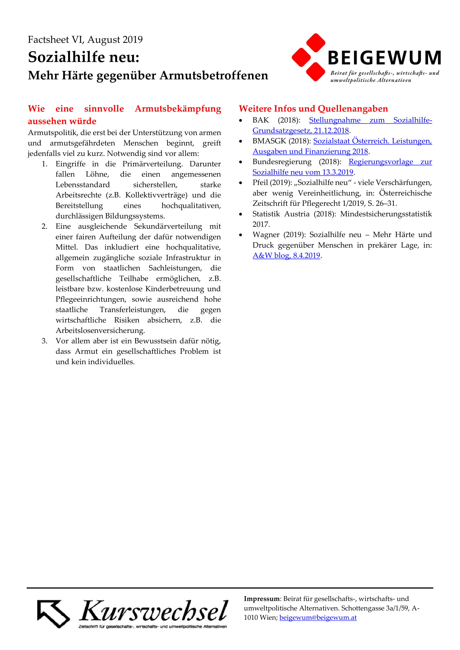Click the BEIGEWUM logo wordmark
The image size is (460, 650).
click(384, 58)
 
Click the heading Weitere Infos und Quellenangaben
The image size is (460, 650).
click(313, 109)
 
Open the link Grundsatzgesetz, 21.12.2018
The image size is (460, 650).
click(301, 131)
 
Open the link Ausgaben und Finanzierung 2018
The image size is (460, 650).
click(310, 151)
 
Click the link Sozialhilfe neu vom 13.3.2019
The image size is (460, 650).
click(303, 172)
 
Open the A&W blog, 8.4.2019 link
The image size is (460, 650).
click(286, 255)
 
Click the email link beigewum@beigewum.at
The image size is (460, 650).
click(318, 617)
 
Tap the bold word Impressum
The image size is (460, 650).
click(261, 599)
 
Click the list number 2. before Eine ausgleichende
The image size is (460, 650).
click(44, 226)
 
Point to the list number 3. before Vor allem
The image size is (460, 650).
click(44, 341)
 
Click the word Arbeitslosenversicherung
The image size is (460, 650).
click(100, 330)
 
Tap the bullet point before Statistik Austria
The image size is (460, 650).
click(241, 214)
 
